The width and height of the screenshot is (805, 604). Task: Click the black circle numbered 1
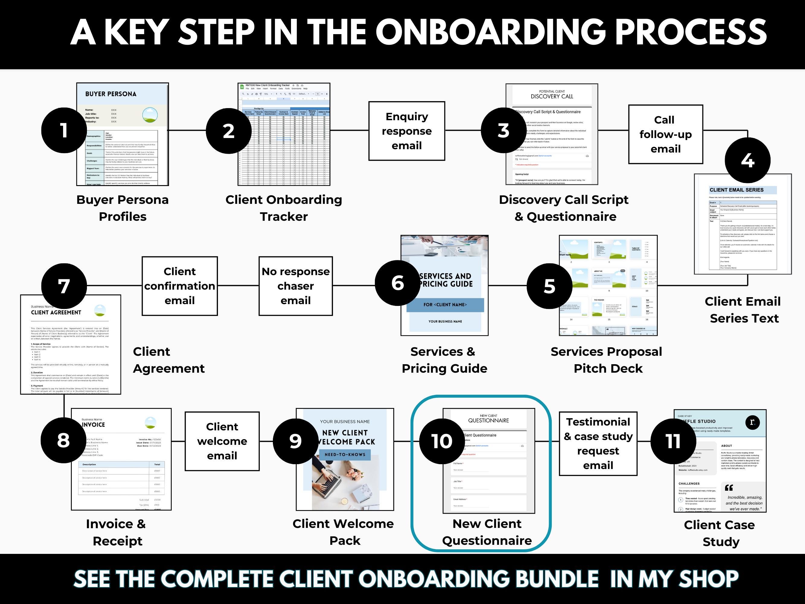64,130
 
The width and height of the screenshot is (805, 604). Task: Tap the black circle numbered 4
747,160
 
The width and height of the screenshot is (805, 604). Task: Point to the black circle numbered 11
673,441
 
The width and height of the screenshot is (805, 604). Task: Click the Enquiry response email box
407,131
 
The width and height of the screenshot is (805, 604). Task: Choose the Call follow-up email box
665,134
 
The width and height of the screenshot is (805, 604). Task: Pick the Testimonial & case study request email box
598,443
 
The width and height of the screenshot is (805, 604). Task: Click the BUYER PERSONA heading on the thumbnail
111,94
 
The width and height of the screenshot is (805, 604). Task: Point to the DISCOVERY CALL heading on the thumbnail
552,96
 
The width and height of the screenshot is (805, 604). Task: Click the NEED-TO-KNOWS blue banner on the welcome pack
345,455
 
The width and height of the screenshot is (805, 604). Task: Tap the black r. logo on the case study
752,422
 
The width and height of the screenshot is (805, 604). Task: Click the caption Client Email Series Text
743,310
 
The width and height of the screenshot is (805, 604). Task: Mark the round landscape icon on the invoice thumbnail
150,423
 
